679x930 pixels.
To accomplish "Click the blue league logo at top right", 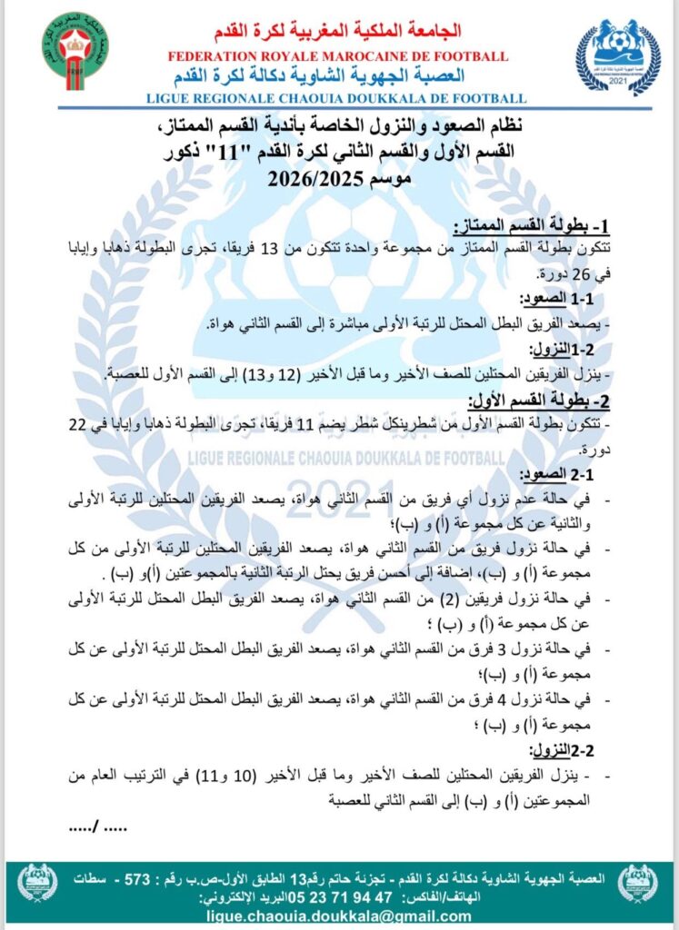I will click(618, 56).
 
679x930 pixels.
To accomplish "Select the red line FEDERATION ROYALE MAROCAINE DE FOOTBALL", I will click(339, 57).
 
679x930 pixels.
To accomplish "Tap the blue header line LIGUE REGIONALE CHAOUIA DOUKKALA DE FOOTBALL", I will click(339, 98).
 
